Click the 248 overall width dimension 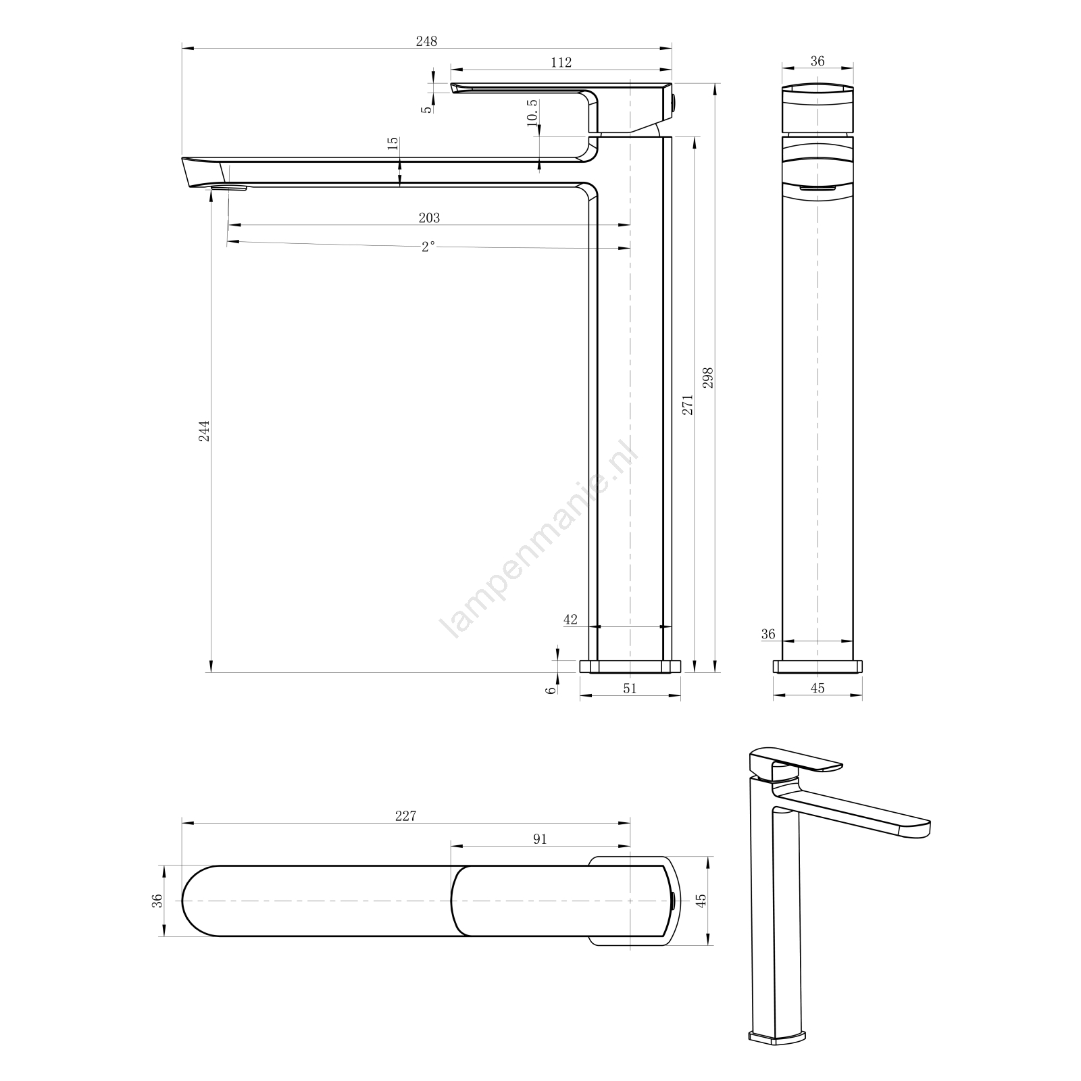pos(426,41)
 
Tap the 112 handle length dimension pos(561,62)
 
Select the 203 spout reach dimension pos(429,218)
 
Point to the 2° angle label pos(428,247)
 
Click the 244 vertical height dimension pos(204,430)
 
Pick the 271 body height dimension pos(688,404)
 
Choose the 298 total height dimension pos(708,378)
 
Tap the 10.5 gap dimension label pos(532,112)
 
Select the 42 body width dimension pos(570,620)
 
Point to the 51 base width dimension pos(630,688)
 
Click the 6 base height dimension pos(551,689)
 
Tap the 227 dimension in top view pos(405,815)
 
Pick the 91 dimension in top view pos(540,839)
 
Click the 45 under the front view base pos(818,688)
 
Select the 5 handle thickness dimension pos(426,109)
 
